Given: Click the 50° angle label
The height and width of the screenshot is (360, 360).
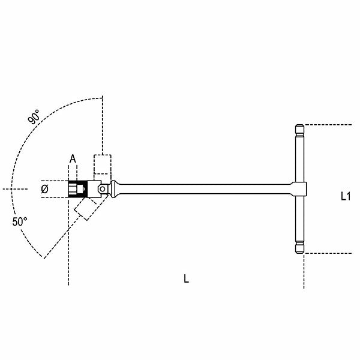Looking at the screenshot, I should pos(20,221).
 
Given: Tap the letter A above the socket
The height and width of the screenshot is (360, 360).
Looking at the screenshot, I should pos(73,158).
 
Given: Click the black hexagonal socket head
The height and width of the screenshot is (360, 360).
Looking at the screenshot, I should pos(76,189).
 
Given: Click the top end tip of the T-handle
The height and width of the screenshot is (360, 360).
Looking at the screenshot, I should pos(299,128).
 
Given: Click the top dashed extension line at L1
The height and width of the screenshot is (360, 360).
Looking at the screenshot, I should pos(327,125).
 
